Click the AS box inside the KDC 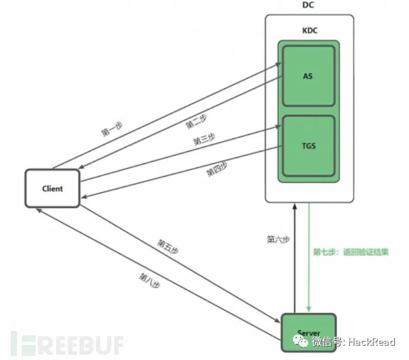[x=308, y=75]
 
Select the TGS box [x=308, y=146]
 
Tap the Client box [x=52, y=188]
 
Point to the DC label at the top [x=309, y=5]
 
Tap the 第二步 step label [x=195, y=121]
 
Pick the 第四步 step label [x=217, y=170]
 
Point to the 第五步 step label [x=168, y=246]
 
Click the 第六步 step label [x=277, y=240]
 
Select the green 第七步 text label [x=351, y=252]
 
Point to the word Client [x=52, y=188]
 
